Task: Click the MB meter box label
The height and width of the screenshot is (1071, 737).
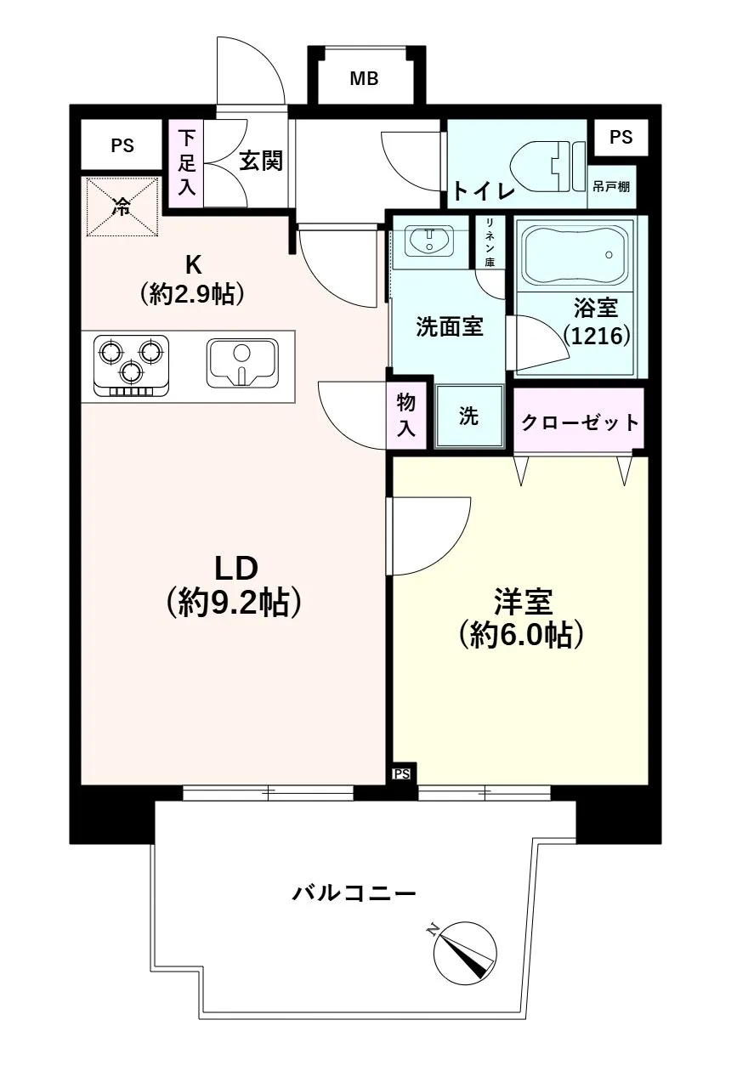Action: pos(365,80)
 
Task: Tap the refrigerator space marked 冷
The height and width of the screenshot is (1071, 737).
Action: pos(122,207)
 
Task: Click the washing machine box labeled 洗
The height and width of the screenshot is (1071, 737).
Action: pos(469,416)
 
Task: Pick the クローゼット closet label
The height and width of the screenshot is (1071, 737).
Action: pos(579,422)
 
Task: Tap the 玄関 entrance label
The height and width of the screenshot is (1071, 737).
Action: pos(260,161)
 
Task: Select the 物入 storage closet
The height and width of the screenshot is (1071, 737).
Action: pos(406,416)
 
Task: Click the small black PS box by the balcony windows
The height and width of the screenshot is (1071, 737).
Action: pos(402,773)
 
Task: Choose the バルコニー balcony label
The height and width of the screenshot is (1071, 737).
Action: pos(354,893)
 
